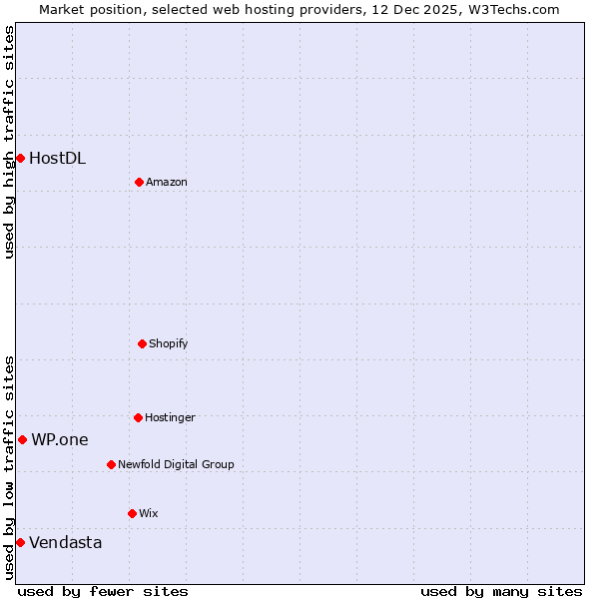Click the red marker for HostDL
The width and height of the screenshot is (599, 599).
[20, 158]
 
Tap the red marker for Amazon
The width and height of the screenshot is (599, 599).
[139, 182]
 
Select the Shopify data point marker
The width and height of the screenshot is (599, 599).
[142, 343]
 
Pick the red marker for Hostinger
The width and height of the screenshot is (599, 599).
[138, 417]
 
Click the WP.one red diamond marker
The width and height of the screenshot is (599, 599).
[22, 439]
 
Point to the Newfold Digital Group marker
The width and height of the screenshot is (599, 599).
[111, 464]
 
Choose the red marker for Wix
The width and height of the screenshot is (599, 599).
[132, 513]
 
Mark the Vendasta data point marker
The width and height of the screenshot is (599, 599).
[20, 542]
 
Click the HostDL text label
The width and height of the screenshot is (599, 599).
[57, 158]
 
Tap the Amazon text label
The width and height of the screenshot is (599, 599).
[166, 182]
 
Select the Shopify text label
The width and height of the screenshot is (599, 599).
[168, 343]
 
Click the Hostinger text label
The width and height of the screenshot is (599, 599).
[170, 417]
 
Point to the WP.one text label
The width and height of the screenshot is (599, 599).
[59, 439]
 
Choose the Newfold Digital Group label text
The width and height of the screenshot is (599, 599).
[176, 464]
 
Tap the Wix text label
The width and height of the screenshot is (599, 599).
[148, 513]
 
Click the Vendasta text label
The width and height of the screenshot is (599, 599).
[65, 542]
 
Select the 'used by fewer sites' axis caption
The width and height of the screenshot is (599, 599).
[103, 591]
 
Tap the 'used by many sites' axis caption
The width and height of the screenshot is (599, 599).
[501, 591]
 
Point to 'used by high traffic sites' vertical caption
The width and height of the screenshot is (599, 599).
[9, 142]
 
